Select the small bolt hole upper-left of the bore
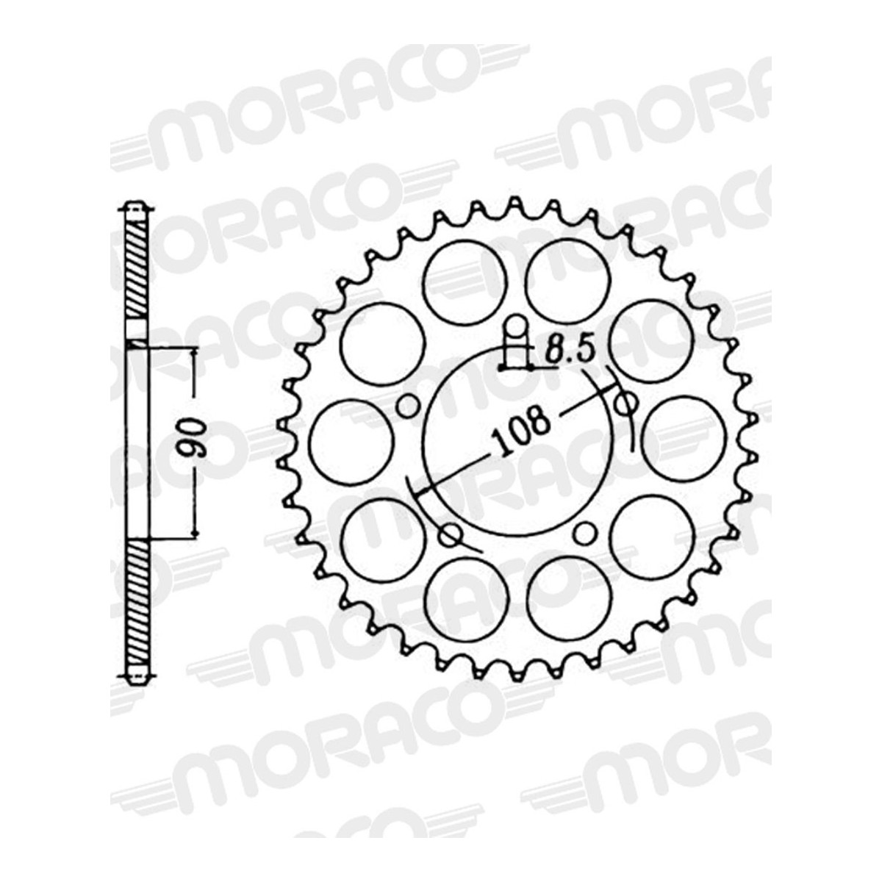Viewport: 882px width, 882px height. (407, 405)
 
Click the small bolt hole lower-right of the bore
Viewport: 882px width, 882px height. (585, 533)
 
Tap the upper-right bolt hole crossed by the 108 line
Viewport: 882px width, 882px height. (625, 403)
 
